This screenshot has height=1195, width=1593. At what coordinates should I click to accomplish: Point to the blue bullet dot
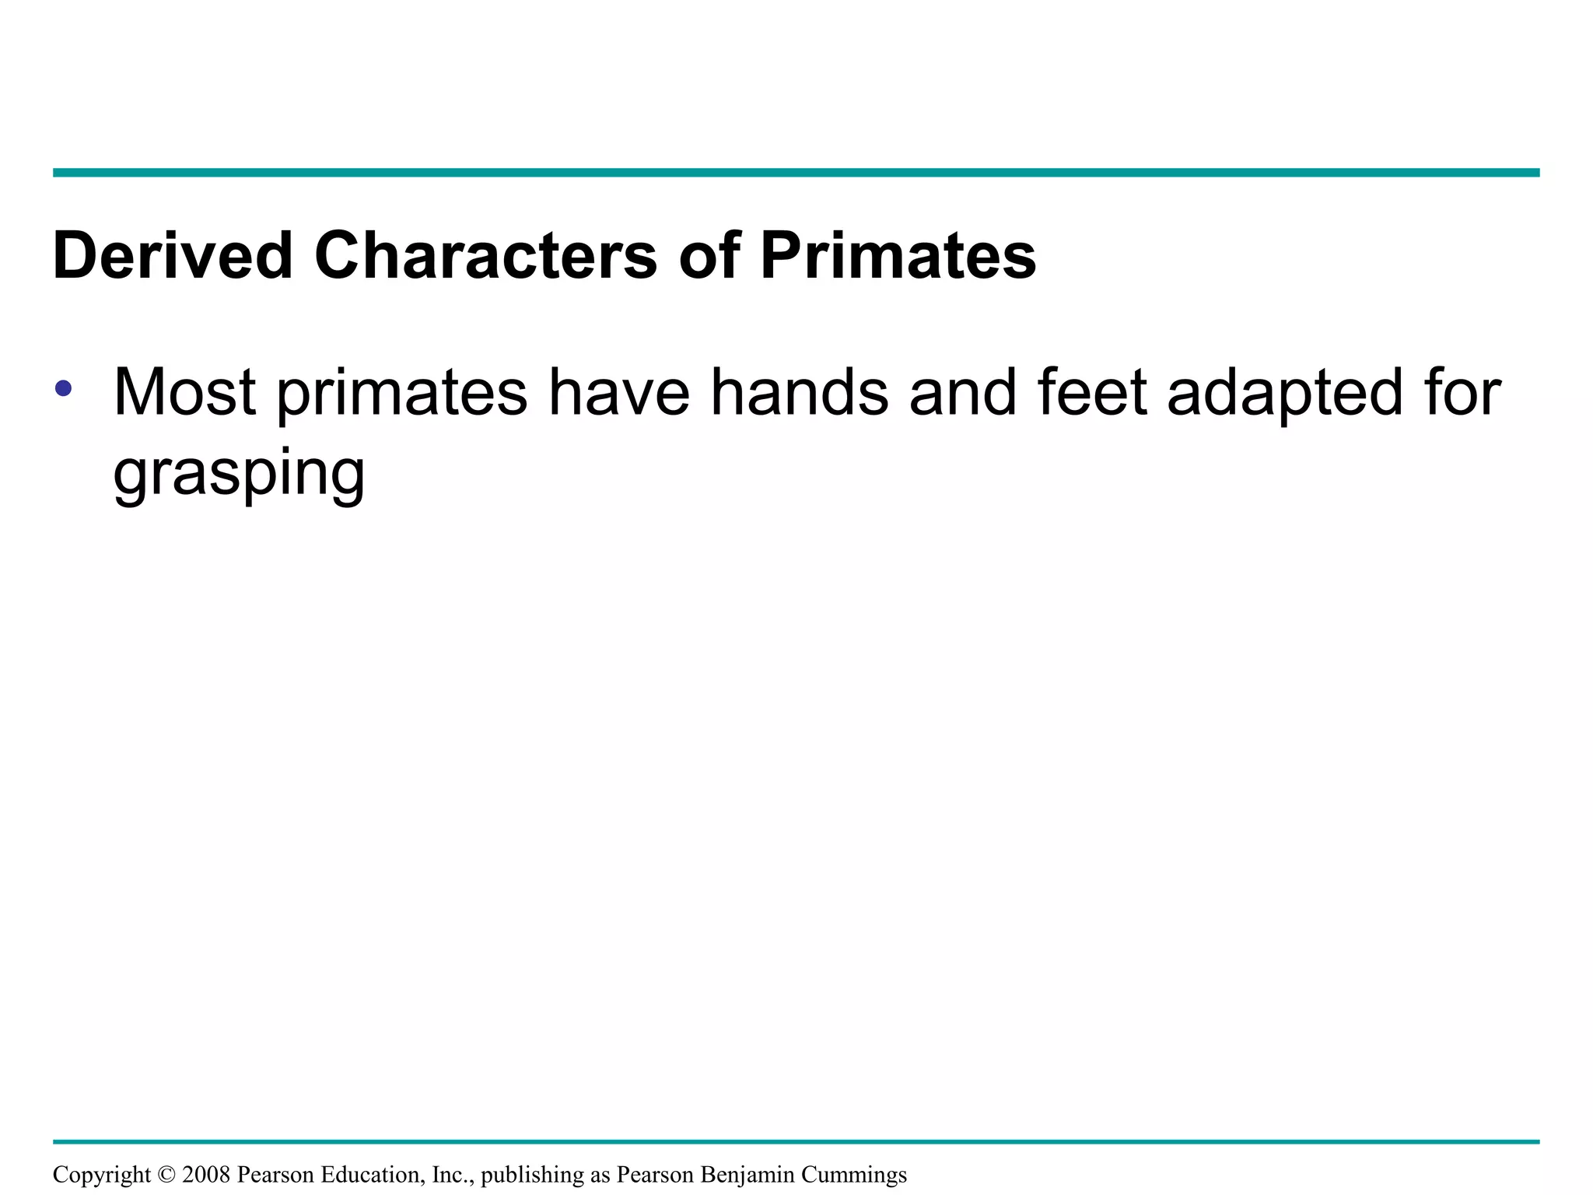64,387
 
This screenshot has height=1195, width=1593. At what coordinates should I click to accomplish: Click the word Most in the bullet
184,392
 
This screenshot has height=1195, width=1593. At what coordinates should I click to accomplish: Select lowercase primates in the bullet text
402,394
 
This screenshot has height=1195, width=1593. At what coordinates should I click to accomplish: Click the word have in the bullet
618,392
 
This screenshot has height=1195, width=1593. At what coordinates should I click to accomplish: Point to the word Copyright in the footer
101,1175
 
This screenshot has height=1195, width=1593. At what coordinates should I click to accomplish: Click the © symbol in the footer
166,1174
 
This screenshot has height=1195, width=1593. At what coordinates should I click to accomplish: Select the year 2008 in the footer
206,1174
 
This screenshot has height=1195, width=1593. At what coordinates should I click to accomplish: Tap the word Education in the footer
373,1174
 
